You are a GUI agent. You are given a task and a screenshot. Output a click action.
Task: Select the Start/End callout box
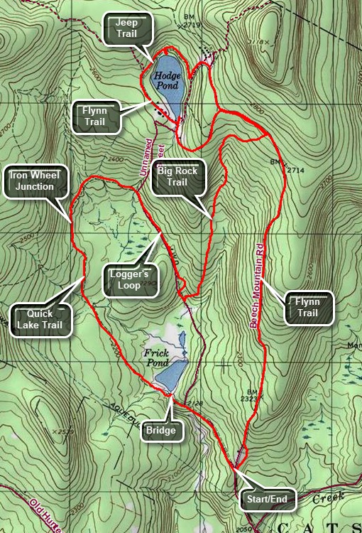(x=267, y=500)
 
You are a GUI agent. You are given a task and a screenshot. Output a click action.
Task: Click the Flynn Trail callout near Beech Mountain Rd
(x=308, y=307)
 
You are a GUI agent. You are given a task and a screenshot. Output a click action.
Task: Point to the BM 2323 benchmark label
(x=253, y=397)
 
